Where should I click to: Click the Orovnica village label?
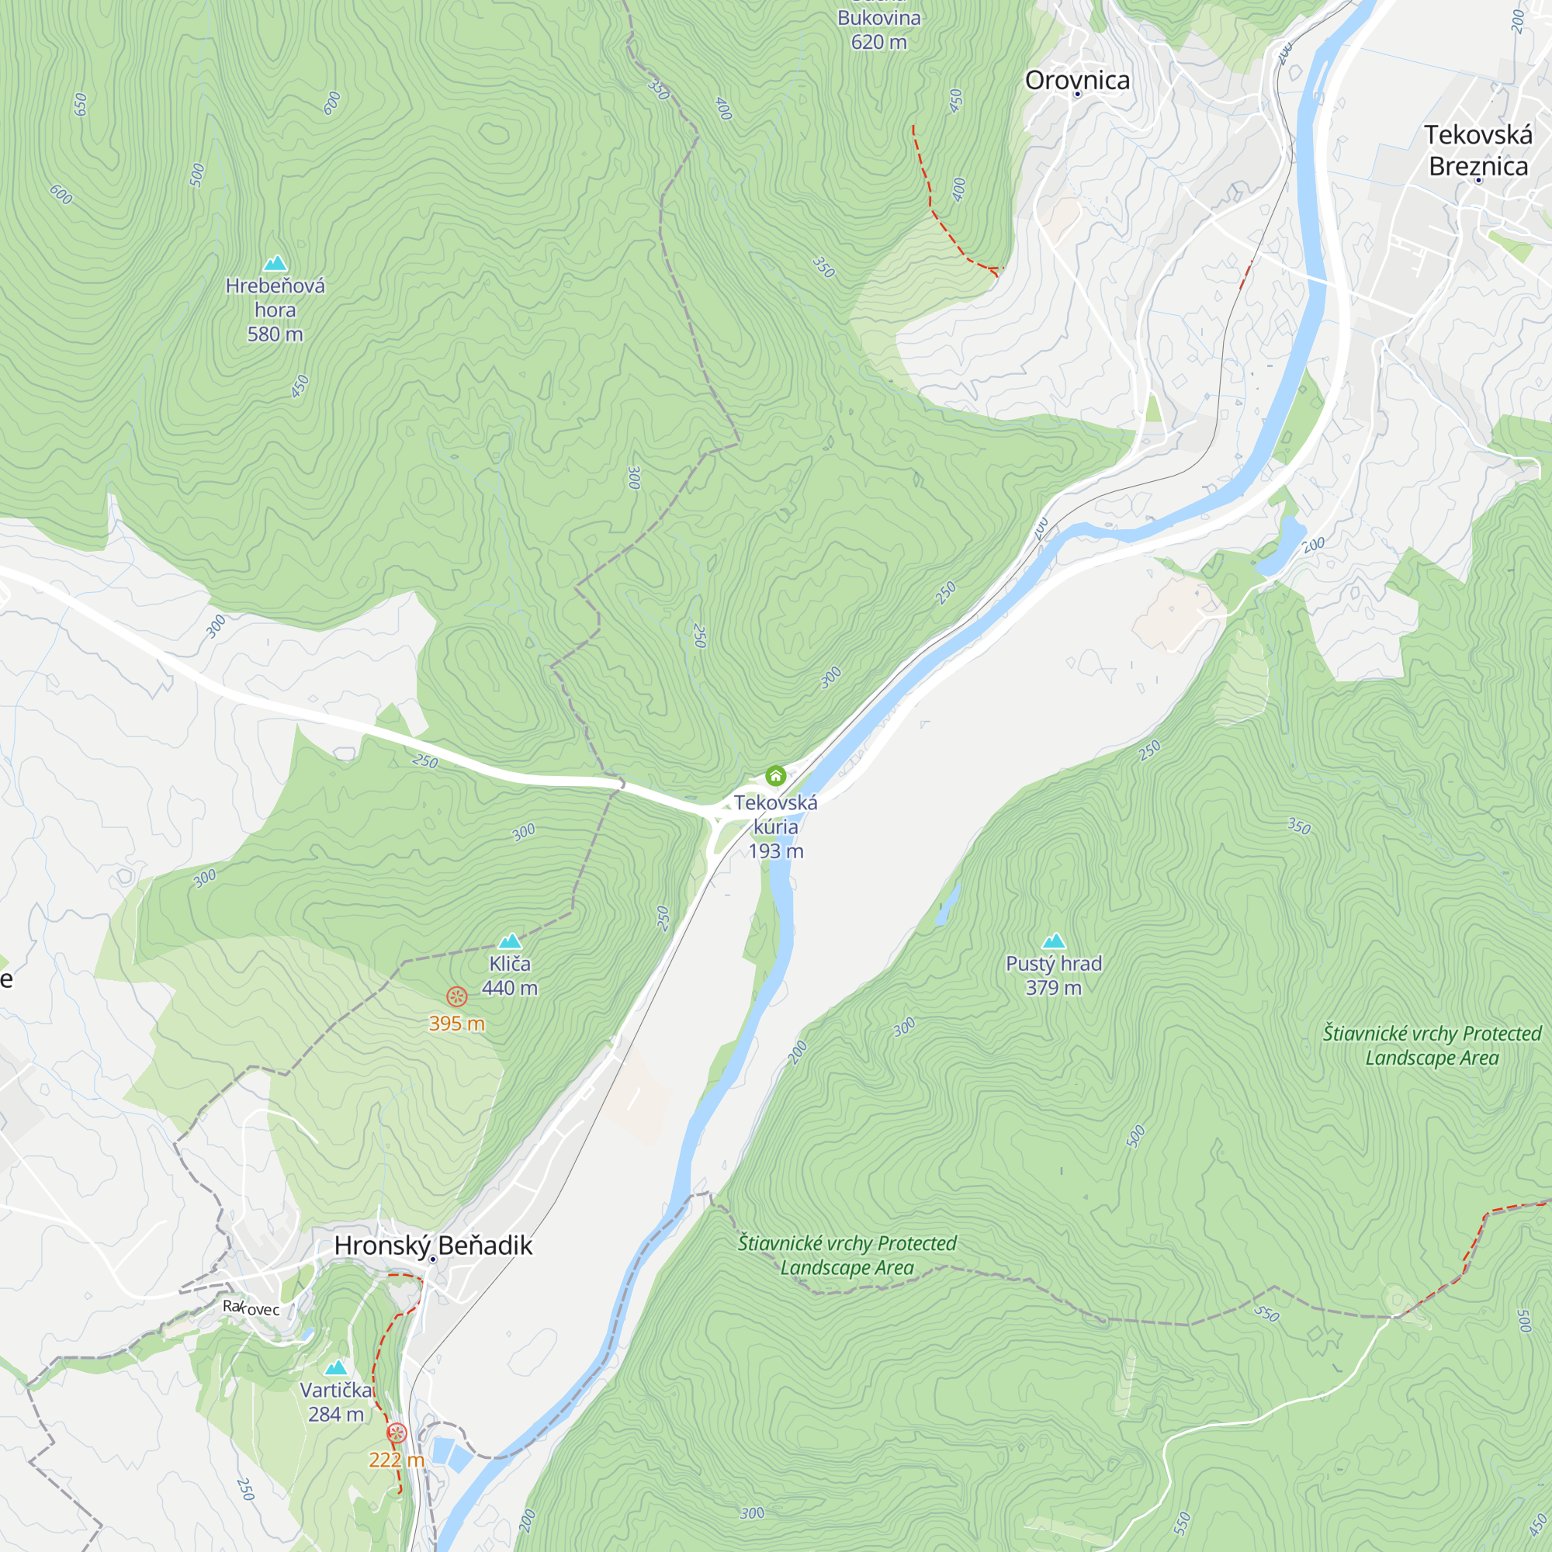pyautogui.click(x=1076, y=81)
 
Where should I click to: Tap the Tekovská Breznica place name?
pyautogui.click(x=1478, y=151)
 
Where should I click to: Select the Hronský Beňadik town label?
pyautogui.click(x=433, y=1245)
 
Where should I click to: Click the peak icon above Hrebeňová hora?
pyautogui.click(x=275, y=263)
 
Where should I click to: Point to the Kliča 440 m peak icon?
pyautogui.click(x=509, y=941)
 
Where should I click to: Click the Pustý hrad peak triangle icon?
pyautogui.click(x=1053, y=941)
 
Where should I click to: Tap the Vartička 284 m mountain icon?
pyautogui.click(x=336, y=1367)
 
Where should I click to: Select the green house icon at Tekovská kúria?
pyautogui.click(x=775, y=775)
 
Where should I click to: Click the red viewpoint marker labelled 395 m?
pyautogui.click(x=456, y=997)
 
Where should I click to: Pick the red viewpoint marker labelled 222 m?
pyautogui.click(x=397, y=1433)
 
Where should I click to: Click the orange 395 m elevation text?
pyautogui.click(x=456, y=1024)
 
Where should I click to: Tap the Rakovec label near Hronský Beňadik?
pyautogui.click(x=251, y=1308)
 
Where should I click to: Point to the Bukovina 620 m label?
pyautogui.click(x=879, y=29)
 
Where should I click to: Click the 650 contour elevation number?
pyautogui.click(x=81, y=104)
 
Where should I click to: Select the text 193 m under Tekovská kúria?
pyautogui.click(x=775, y=850)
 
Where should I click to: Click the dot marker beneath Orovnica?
pyautogui.click(x=1077, y=95)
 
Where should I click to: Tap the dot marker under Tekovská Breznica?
pyautogui.click(x=1478, y=181)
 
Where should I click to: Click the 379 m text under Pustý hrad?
pyautogui.click(x=1053, y=987)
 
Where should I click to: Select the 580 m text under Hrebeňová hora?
pyautogui.click(x=275, y=334)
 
